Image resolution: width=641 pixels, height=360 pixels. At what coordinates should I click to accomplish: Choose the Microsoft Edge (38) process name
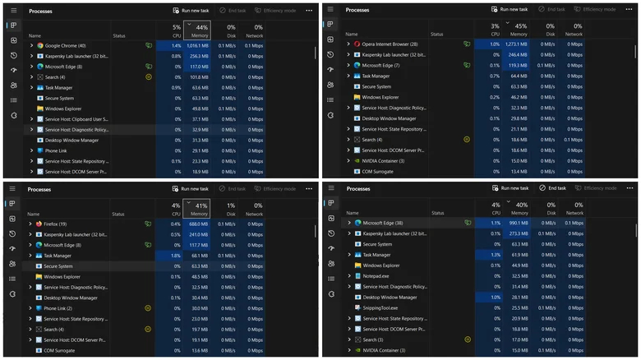[383, 223]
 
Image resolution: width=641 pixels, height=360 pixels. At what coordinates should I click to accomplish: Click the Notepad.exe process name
[376, 276]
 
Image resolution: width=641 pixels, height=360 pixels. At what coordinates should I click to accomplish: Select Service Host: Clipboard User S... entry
[77, 119]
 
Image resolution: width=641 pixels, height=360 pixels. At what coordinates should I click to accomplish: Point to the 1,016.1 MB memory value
[198, 46]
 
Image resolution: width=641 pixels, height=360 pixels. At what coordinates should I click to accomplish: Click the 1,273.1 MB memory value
[515, 44]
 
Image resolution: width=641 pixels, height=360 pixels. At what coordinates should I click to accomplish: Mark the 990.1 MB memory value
[517, 223]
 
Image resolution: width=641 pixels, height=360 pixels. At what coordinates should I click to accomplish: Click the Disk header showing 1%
[231, 209]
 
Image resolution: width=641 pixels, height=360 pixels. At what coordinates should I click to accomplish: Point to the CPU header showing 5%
[176, 31]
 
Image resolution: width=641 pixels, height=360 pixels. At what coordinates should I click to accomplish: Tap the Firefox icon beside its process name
[39, 224]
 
